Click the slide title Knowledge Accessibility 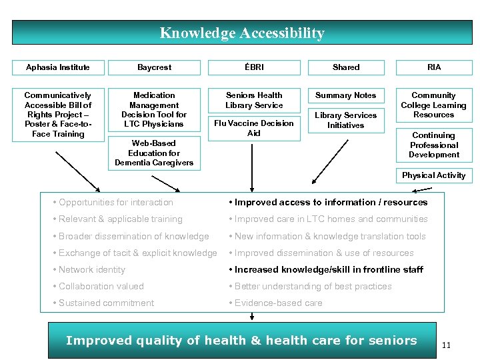pos(242,33)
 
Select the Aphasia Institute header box pos(57,67)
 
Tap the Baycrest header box pos(154,67)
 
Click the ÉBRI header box pos(254,67)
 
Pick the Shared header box pos(346,67)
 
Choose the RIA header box pos(434,67)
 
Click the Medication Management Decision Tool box pos(154,110)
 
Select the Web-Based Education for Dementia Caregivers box pos(154,153)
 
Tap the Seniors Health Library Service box pos(254,100)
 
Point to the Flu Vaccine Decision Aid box pos(254,128)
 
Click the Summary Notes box pos(346,95)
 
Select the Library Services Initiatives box pos(346,120)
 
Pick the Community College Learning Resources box pos(434,105)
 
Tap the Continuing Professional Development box pos(434,145)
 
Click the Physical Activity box pos(434,175)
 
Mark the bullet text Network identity pos(92,269)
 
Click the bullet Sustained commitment pos(106,303)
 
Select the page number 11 pos(447,345)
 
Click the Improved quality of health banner pos(241,341)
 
